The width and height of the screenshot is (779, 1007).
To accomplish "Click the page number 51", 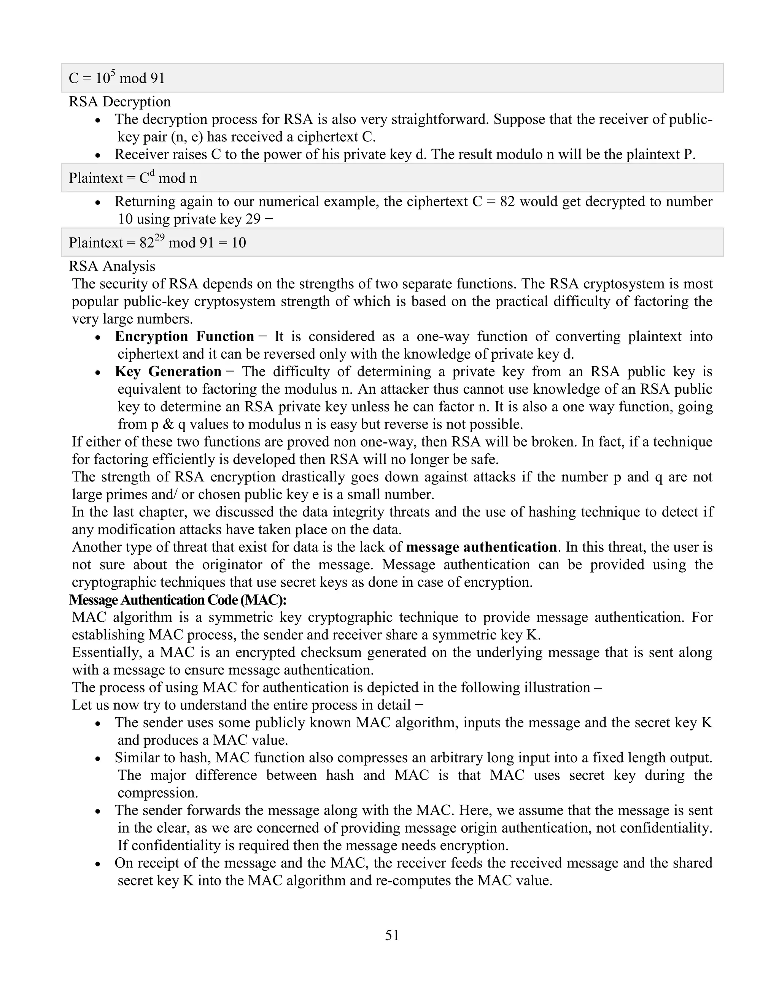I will [x=392, y=935].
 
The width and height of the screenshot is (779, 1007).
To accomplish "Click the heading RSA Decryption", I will [x=119, y=101].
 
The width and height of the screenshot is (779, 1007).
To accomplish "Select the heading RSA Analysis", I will [x=112, y=266].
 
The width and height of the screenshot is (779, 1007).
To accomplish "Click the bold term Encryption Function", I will [x=184, y=337].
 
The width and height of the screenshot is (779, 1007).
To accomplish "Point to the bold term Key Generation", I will [x=168, y=372].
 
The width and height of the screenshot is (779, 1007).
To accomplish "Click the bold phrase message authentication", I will [x=481, y=547].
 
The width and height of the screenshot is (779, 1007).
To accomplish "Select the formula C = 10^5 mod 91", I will [x=117, y=78].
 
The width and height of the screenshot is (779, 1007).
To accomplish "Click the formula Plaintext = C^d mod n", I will [x=133, y=178].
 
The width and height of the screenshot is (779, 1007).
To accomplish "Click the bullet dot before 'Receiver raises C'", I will [x=97, y=155].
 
